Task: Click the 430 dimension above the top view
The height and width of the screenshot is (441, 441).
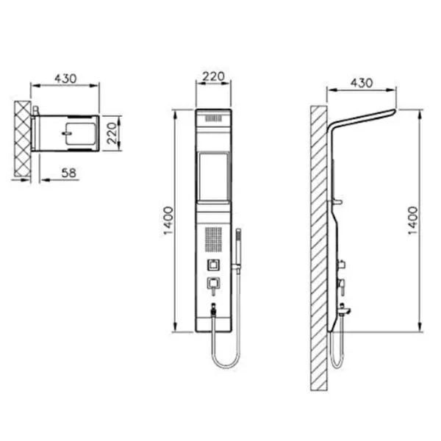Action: (x=65, y=79)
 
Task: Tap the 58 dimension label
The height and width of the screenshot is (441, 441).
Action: (x=68, y=173)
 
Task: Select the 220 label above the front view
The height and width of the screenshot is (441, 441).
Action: (x=213, y=76)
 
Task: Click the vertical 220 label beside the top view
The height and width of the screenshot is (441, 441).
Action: (x=112, y=133)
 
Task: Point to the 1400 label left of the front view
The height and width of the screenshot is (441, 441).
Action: (x=168, y=220)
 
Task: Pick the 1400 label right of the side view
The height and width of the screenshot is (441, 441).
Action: (x=412, y=220)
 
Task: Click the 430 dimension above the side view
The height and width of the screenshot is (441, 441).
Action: (x=362, y=83)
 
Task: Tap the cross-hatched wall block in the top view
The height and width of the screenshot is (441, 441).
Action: (x=23, y=139)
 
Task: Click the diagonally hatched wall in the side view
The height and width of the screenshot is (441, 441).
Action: (x=319, y=248)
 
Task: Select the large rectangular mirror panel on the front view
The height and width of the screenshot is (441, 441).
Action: (x=213, y=177)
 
